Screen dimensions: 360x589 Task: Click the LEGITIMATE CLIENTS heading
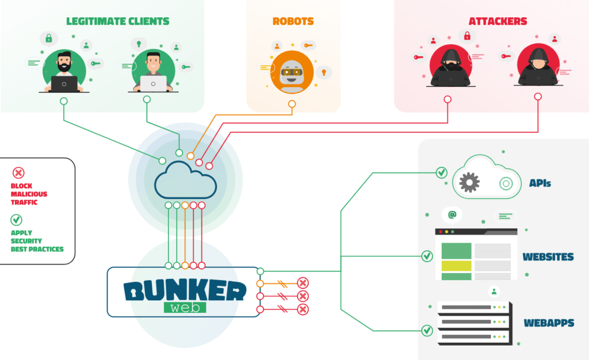[117, 21]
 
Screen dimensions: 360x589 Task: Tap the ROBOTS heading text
[293, 21]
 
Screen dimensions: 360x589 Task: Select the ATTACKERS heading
[498, 21]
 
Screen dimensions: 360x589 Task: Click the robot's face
[292, 74]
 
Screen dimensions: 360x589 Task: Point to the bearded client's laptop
[64, 84]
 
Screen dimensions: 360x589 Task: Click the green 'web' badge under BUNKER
[185, 307]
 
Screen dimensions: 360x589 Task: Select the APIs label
[540, 183]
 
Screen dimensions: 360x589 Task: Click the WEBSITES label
[548, 256]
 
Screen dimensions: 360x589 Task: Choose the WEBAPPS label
[548, 323]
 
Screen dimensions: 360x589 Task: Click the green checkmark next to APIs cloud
[441, 172]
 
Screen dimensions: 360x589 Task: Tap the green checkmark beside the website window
[427, 256]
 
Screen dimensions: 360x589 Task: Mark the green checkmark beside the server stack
[427, 331]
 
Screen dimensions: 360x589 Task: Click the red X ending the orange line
[303, 283]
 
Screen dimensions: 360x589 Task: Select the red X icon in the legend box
[18, 173]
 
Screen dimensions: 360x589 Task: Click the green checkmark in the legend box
[17, 220]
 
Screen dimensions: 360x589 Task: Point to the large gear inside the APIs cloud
[470, 182]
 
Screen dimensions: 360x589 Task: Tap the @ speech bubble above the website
[452, 215]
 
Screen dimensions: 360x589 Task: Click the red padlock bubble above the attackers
[467, 36]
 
